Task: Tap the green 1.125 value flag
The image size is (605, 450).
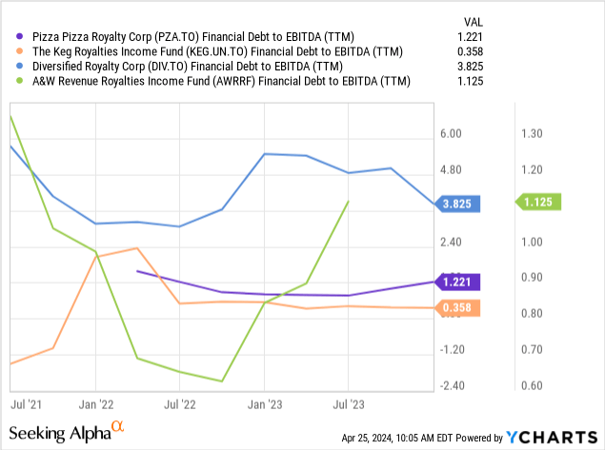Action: point(541,202)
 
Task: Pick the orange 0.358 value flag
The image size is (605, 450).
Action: point(459,307)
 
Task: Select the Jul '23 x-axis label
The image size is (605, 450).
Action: point(348,403)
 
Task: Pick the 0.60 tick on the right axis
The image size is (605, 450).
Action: point(531,385)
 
